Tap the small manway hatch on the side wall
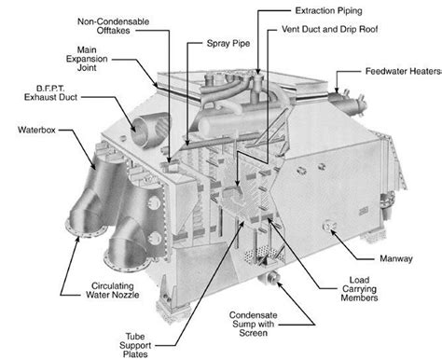tap(330, 224)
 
